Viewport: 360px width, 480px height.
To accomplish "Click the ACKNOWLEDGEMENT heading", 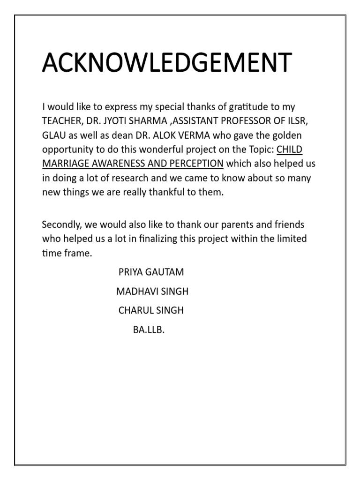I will [167, 62].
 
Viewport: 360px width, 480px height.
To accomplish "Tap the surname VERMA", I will [205, 135].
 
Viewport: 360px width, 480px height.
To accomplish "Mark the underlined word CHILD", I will [290, 150].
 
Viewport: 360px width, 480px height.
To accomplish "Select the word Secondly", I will [60, 224].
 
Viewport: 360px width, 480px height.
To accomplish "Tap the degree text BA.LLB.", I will [149, 330].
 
